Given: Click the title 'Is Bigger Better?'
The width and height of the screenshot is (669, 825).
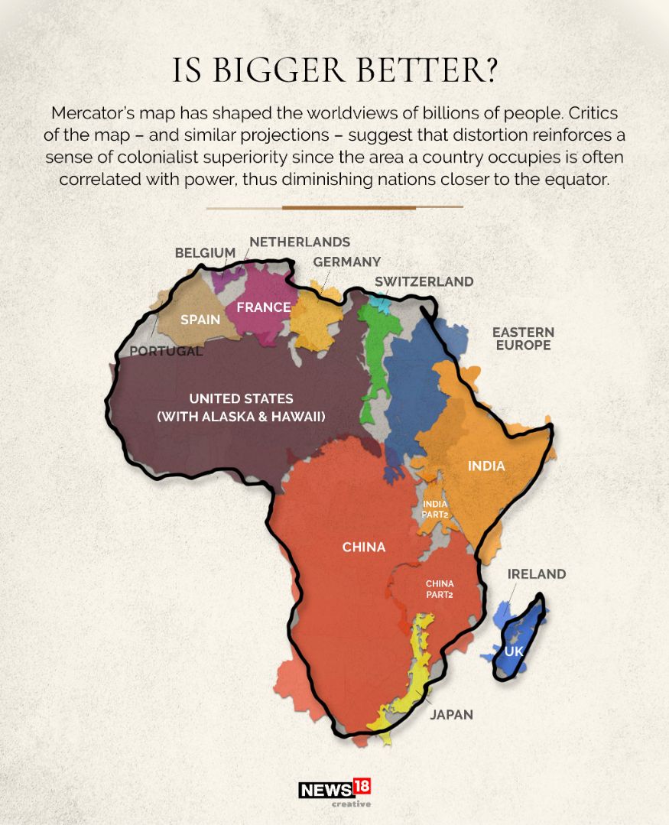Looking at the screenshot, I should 335,70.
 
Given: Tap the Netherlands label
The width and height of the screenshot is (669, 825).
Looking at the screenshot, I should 300,242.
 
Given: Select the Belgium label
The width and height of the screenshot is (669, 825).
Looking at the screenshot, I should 205,252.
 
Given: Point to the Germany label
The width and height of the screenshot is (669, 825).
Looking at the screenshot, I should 346,261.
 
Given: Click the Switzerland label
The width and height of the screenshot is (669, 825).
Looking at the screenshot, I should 424,281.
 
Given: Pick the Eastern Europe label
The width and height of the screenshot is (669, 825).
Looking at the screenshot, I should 523,339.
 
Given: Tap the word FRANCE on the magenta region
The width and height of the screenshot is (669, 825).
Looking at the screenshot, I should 263,307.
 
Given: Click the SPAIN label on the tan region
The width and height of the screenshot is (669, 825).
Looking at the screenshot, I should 200,320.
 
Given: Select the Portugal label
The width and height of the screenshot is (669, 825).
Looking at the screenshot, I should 166,352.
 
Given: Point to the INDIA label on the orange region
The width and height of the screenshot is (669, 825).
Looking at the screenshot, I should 486,466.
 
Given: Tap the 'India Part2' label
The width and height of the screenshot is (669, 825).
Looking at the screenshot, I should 434,509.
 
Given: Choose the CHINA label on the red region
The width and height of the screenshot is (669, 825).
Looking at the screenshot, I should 364,547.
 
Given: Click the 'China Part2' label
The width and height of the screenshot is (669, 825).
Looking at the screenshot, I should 440,589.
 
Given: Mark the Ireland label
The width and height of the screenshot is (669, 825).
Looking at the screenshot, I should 537,573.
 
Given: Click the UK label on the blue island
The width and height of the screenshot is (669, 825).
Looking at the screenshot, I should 514,651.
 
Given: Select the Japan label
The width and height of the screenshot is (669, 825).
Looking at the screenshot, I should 451,715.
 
